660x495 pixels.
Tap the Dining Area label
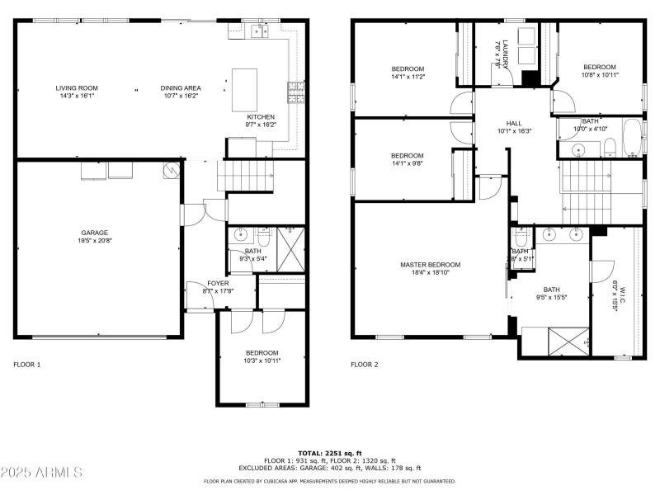point(181,87)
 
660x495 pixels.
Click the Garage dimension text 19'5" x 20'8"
point(94,242)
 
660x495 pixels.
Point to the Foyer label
point(218,283)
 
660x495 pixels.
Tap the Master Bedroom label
point(430,265)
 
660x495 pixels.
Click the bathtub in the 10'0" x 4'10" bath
point(631,138)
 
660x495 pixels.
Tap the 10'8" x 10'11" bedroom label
point(600,67)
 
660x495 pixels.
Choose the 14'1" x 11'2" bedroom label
point(407,68)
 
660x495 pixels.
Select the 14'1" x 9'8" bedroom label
point(407,156)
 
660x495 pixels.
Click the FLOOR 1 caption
point(26,364)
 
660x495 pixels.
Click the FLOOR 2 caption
point(364,364)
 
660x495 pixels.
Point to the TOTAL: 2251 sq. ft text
point(330,453)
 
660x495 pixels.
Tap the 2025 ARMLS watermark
point(42,473)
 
